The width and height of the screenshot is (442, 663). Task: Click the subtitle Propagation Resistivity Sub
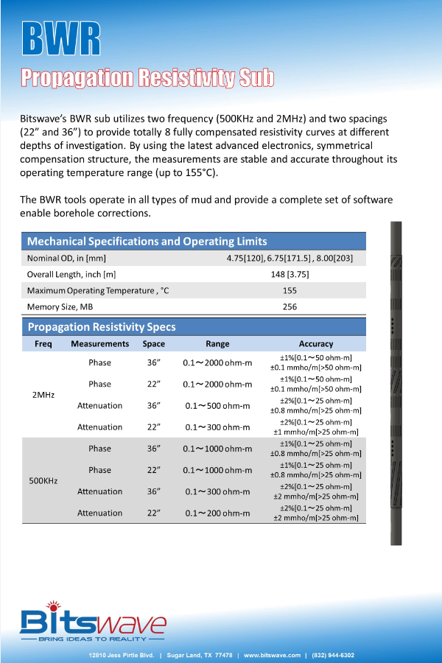coord(147,78)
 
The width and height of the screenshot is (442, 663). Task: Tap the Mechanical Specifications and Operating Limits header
coord(147,242)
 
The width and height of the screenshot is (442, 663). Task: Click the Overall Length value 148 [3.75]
coord(290,274)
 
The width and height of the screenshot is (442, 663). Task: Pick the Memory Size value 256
coord(290,306)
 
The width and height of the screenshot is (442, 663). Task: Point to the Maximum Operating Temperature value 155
coord(290,290)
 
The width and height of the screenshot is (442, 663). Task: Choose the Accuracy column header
coord(316,344)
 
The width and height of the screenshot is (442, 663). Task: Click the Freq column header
coord(43,344)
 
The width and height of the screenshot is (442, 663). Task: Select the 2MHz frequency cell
coord(43,395)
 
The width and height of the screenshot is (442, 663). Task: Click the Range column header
coord(217,344)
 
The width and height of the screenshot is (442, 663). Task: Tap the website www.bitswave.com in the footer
coord(273,655)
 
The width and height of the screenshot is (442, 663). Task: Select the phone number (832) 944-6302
coord(333,655)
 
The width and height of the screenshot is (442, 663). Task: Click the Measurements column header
coord(99,344)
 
